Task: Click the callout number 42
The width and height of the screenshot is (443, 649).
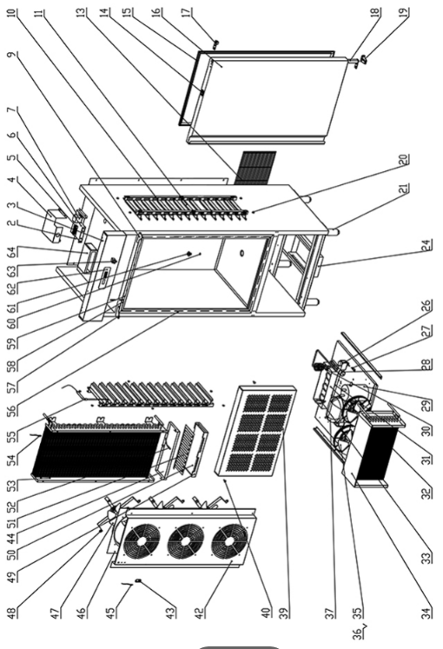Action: pyautogui.click(x=200, y=613)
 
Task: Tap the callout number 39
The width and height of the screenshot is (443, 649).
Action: pyautogui.click(x=284, y=613)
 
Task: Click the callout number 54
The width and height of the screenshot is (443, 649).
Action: pyautogui.click(x=12, y=460)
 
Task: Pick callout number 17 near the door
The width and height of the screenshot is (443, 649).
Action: pyautogui.click(x=188, y=11)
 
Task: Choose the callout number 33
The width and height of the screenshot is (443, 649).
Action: pyautogui.click(x=426, y=558)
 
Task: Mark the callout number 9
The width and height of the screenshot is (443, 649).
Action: pyautogui.click(x=12, y=55)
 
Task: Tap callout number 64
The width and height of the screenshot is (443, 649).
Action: pyautogui.click(x=12, y=251)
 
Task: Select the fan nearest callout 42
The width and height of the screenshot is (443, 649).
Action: pyautogui.click(x=229, y=541)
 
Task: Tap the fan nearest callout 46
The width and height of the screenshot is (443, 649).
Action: pyautogui.click(x=142, y=541)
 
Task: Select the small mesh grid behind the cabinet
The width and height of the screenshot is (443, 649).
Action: pyautogui.click(x=255, y=168)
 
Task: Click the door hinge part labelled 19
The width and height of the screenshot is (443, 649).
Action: pyautogui.click(x=363, y=60)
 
